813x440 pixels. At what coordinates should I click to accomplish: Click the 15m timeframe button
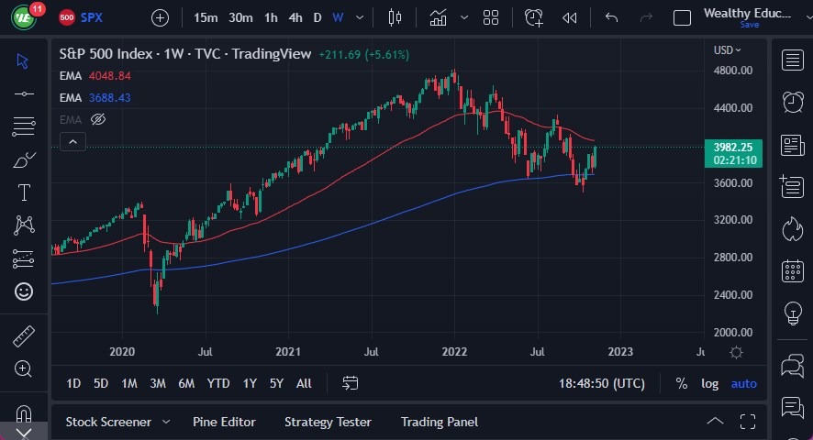[x=206, y=17]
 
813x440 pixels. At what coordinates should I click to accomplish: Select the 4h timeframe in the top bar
[x=295, y=17]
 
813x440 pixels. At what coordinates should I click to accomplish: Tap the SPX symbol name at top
[x=91, y=17]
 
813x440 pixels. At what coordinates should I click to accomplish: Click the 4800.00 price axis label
[x=733, y=71]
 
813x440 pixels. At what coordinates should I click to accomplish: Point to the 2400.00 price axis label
[x=733, y=295]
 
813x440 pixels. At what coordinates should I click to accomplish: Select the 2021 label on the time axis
[x=288, y=352]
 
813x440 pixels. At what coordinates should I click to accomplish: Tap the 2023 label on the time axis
[x=619, y=352]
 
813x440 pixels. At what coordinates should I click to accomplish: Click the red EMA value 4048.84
[x=110, y=75]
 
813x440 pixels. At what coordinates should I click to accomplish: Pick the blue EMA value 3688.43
[x=110, y=97]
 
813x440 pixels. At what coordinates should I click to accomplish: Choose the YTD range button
[x=218, y=383]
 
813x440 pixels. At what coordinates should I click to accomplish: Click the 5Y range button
[x=275, y=383]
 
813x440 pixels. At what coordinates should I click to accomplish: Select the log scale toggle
[x=709, y=383]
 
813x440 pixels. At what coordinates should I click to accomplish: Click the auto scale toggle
[x=743, y=383]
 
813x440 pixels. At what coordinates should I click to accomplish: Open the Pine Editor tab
[x=224, y=422]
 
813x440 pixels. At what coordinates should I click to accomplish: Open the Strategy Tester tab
[x=328, y=422]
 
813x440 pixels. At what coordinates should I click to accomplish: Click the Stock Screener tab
[x=108, y=422]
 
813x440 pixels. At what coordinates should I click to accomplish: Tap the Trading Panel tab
[x=440, y=422]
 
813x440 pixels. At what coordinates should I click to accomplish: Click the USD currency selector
[x=727, y=50]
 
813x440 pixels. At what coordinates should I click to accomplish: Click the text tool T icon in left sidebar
[x=24, y=192]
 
